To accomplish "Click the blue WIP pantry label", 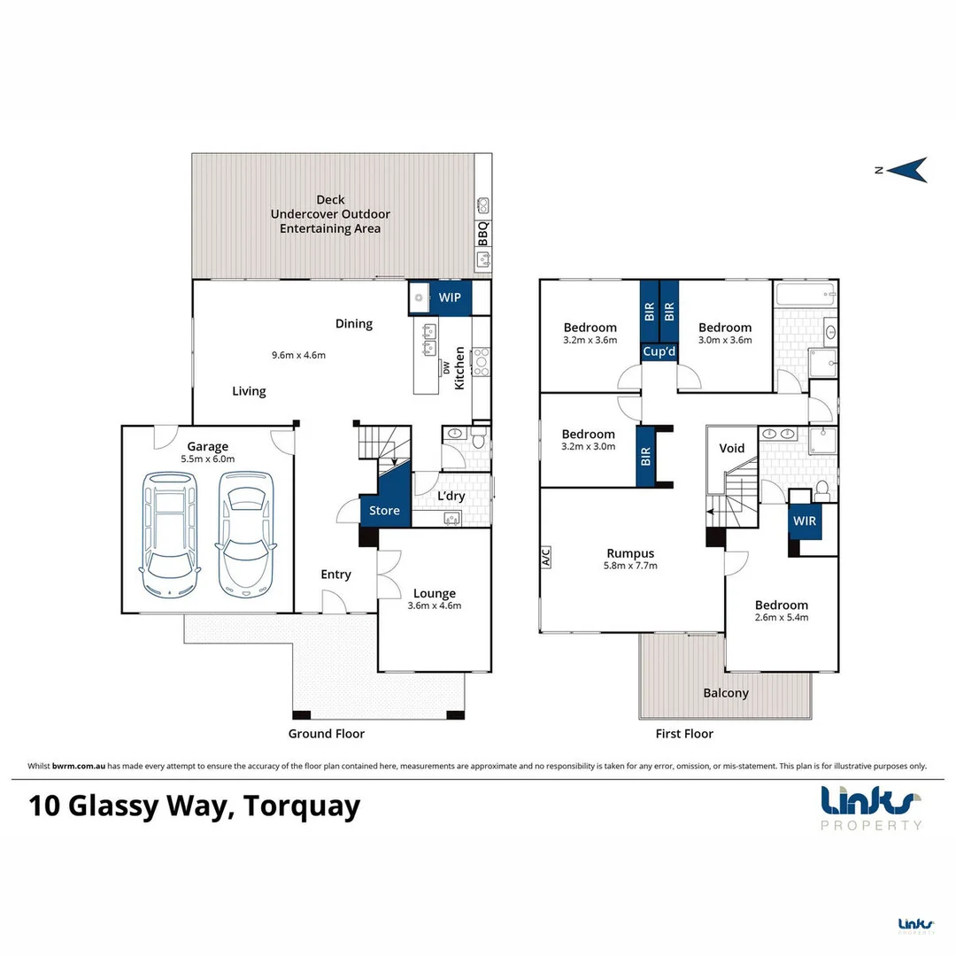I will pos(450,297).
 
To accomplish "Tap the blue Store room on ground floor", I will pos(384,510).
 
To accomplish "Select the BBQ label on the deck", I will pos(483,233).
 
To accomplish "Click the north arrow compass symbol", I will pos(906,170).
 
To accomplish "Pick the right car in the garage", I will pos(245,534).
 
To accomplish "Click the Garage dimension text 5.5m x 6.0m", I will pos(206,459).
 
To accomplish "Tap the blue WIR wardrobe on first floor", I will pos(805,520).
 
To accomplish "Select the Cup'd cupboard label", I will pos(659,352).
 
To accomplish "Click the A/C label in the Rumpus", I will pos(546,557).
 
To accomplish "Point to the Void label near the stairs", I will pos(732,448).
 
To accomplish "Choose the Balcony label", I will pos(726,693).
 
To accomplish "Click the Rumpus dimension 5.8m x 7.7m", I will pos(630,565).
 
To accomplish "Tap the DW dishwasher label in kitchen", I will pos(445,369).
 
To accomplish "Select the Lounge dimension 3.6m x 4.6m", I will pos(435,606).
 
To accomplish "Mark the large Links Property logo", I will pos(871,806).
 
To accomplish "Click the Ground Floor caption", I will pos(326,734).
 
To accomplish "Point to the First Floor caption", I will pos(684,734).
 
